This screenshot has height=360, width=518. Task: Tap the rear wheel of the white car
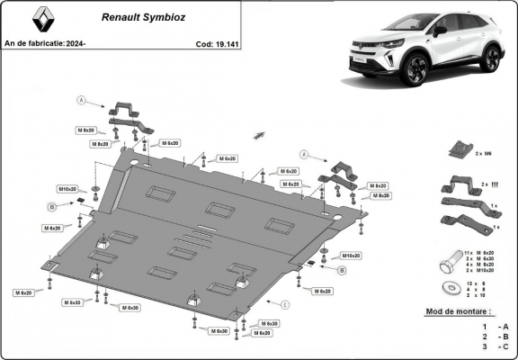[x=489, y=59]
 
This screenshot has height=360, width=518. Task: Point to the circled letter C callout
[x=284, y=305]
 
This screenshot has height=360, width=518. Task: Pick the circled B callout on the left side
[x=52, y=206]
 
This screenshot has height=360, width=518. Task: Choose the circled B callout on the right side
[x=342, y=269]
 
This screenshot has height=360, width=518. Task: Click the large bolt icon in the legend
[x=447, y=267]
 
